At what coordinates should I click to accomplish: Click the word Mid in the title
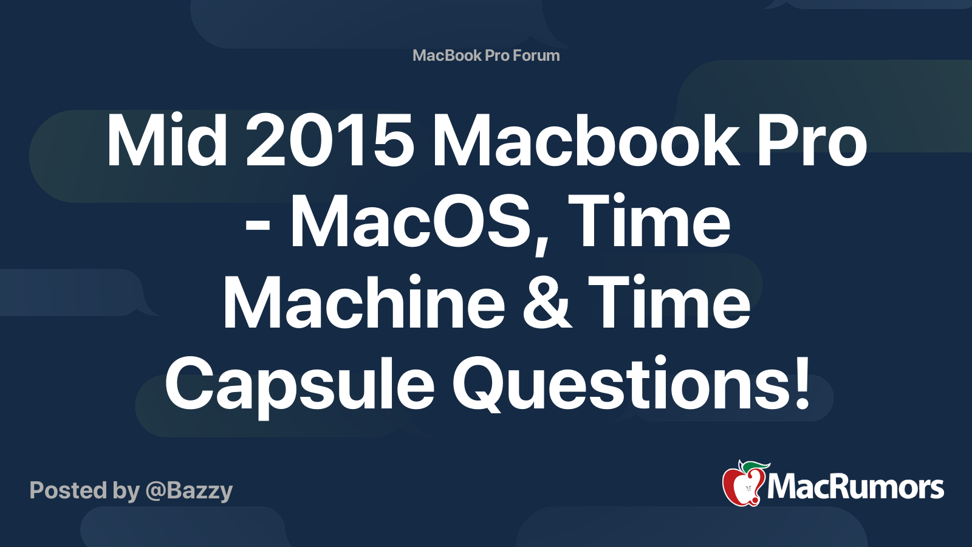166,142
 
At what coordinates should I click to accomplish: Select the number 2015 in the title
330,142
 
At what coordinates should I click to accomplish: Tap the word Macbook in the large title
585,142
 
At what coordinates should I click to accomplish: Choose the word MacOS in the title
419,223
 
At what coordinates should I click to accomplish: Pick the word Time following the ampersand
669,303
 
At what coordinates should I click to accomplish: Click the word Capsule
299,385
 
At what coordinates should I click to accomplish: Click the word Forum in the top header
536,55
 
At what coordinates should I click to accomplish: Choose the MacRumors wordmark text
855,487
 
